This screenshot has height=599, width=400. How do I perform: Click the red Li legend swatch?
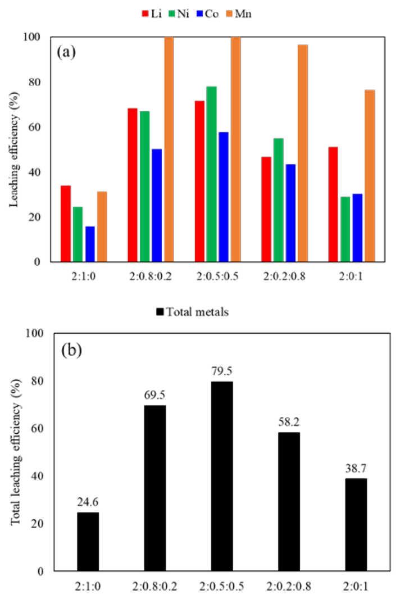[145, 13]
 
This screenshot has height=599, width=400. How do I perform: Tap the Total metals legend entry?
[193, 312]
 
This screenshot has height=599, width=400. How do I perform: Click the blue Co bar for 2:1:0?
[90, 244]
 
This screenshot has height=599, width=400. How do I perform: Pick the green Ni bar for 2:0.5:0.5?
[212, 174]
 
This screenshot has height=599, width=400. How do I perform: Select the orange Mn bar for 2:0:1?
[370, 176]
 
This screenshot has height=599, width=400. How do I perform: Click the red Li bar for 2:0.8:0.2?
[133, 185]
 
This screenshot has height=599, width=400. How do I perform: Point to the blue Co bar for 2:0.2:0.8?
[291, 213]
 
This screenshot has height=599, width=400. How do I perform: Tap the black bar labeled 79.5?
[222, 477]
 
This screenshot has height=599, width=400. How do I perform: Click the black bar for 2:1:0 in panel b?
[88, 542]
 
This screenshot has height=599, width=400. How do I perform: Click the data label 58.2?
[289, 422]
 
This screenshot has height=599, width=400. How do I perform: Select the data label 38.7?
[356, 468]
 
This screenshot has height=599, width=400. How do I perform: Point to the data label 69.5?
[154, 395]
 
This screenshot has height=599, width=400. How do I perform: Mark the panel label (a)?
[66, 52]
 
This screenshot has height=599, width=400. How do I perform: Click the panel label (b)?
[72, 350]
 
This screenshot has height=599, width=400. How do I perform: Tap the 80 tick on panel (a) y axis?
[34, 82]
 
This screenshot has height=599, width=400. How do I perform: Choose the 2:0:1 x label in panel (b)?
[356, 586]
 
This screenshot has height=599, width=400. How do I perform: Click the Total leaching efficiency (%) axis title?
[15, 452]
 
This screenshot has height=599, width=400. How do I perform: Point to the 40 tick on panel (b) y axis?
[37, 476]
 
